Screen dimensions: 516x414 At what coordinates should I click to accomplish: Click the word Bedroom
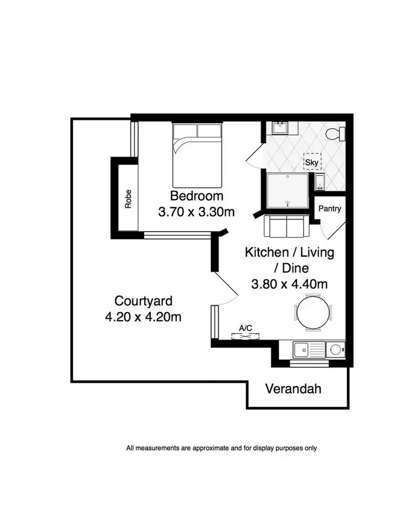click(197, 196)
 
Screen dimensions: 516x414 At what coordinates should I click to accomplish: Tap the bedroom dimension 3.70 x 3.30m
click(197, 212)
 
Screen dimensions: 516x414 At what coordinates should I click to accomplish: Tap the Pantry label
click(330, 209)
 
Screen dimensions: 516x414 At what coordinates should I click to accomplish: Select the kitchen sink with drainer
click(309, 350)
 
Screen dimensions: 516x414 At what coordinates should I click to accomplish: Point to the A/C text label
click(245, 329)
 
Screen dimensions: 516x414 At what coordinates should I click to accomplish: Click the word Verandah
click(293, 389)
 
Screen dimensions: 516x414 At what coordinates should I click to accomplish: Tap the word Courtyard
click(144, 301)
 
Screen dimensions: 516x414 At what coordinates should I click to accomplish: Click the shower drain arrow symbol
click(287, 203)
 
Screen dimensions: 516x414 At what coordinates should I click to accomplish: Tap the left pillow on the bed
click(185, 131)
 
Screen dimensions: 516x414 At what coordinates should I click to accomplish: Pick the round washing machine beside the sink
click(335, 349)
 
